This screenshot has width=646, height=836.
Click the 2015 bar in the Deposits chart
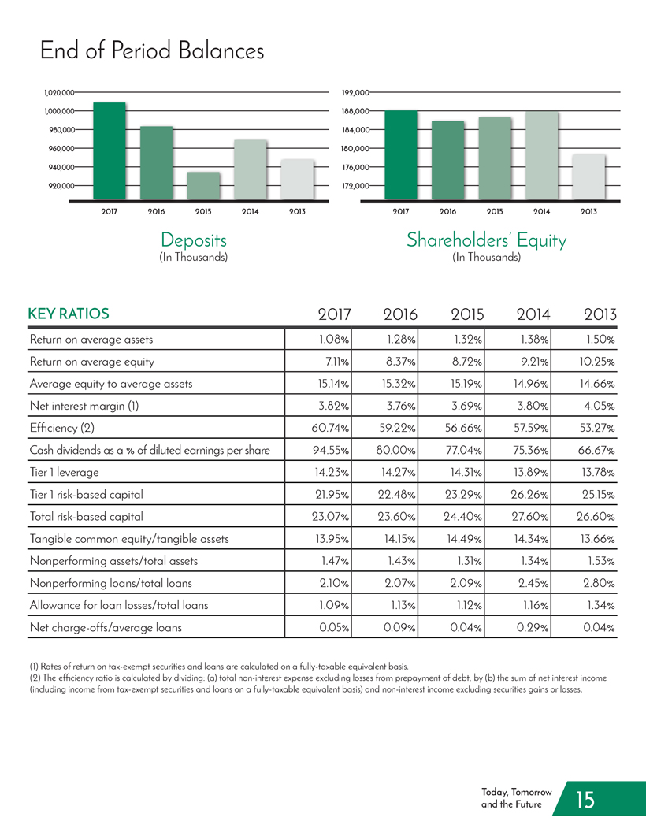click(203, 185)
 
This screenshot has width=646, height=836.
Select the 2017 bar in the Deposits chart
click(110, 150)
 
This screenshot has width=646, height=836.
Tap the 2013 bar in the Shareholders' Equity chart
click(588, 177)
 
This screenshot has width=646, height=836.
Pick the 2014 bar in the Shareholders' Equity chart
click(541, 156)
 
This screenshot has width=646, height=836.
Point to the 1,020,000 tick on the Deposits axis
click(59, 93)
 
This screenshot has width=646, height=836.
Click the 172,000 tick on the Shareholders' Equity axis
click(355, 186)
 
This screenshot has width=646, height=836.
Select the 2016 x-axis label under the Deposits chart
click(156, 212)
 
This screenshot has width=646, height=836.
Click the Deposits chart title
click(194, 240)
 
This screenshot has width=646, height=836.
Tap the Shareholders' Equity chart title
click(486, 240)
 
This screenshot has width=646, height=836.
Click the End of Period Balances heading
click(152, 50)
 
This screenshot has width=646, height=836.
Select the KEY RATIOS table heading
click(69, 314)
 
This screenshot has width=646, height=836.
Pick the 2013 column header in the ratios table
click(600, 314)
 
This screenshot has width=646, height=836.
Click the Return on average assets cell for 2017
click(334, 339)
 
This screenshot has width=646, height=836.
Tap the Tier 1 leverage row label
click(64, 473)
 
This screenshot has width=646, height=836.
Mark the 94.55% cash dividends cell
click(330, 450)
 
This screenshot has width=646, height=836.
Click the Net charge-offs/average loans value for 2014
click(533, 627)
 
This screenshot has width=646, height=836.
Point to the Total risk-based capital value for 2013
click(596, 517)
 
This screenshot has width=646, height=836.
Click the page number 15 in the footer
click(585, 800)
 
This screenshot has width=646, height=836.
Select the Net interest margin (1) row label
click(84, 406)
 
